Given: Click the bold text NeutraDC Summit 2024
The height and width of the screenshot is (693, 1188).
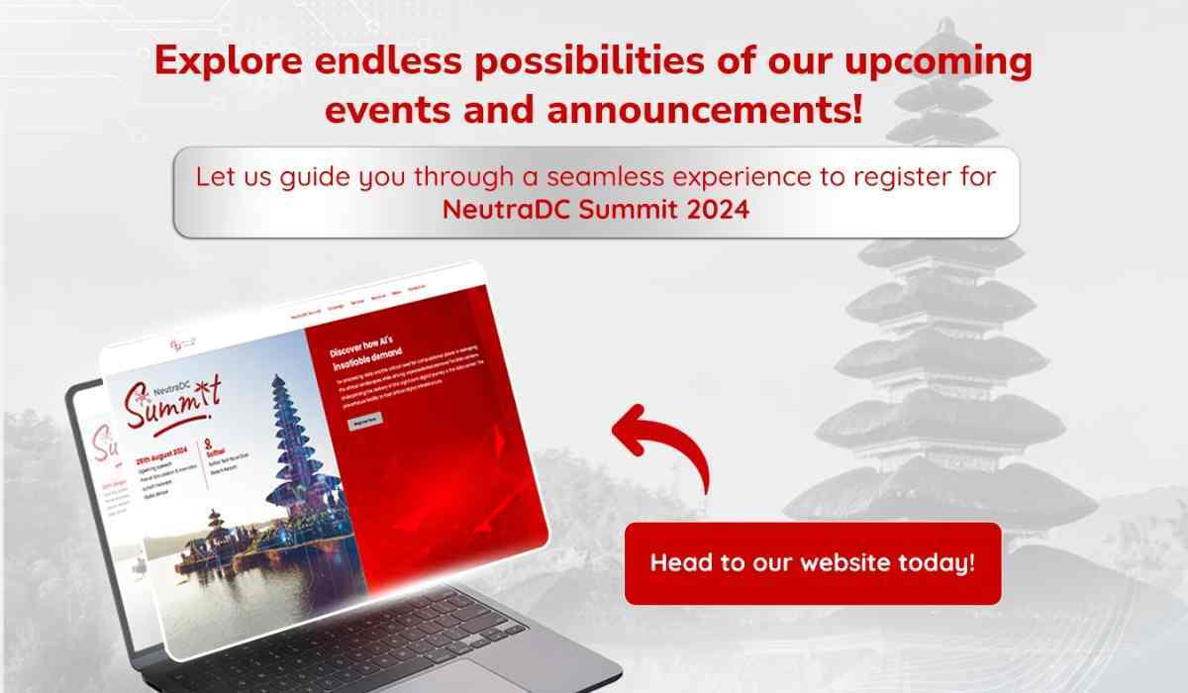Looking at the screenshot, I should click(595, 210).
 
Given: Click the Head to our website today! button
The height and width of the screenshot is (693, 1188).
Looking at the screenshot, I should click(812, 563).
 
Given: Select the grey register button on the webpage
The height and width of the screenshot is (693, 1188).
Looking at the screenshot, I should click(364, 420).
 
